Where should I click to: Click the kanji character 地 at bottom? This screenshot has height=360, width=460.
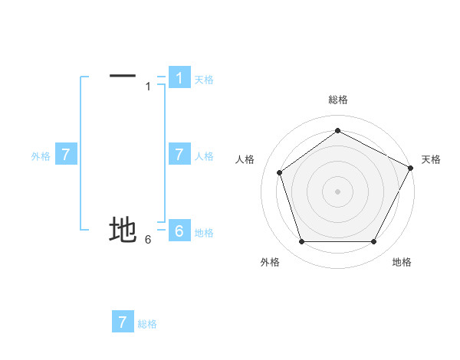(x=123, y=229)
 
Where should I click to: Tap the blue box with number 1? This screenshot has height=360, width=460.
(x=179, y=77)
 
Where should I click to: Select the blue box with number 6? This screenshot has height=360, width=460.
(x=179, y=231)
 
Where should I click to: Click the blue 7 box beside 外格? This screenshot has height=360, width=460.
(x=66, y=155)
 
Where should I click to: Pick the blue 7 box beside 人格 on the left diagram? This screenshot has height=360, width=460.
(x=179, y=155)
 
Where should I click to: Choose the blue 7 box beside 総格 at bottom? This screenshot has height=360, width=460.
(x=123, y=322)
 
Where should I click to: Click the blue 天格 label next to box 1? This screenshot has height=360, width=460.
(x=204, y=79)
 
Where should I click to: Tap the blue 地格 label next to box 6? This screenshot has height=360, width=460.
(x=204, y=233)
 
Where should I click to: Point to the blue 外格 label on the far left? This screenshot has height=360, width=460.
(x=41, y=156)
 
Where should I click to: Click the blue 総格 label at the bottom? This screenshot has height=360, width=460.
(x=147, y=324)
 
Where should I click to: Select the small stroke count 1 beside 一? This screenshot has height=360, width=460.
(x=148, y=87)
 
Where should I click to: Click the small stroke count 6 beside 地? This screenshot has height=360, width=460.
(x=148, y=240)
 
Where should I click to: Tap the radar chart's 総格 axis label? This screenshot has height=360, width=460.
(x=337, y=100)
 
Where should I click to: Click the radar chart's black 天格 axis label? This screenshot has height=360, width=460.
(x=431, y=159)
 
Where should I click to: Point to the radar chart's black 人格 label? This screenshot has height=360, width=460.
(x=245, y=159)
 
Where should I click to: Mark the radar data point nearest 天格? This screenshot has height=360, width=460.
(x=411, y=167)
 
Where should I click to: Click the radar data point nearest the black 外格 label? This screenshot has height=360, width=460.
(x=301, y=242)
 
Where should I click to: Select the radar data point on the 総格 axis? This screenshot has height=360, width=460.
(x=337, y=130)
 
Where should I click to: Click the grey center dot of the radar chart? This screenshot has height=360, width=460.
(x=337, y=191)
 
